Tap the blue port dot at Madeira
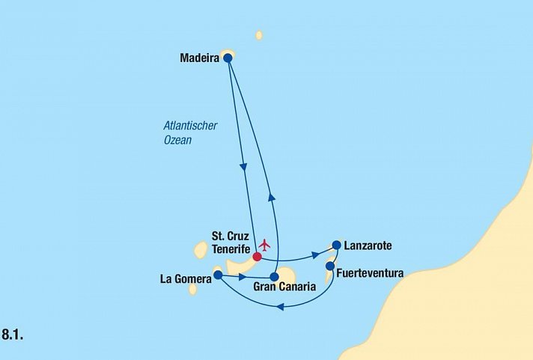228,58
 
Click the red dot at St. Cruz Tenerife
257,257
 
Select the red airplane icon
264,245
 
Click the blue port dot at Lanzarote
336,245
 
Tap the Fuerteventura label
371,273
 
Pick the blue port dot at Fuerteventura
330,265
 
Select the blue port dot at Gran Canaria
274,276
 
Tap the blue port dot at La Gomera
218,275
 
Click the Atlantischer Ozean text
190,132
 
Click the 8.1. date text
13,335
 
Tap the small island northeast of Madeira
259,35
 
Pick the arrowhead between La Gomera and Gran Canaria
243,277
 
